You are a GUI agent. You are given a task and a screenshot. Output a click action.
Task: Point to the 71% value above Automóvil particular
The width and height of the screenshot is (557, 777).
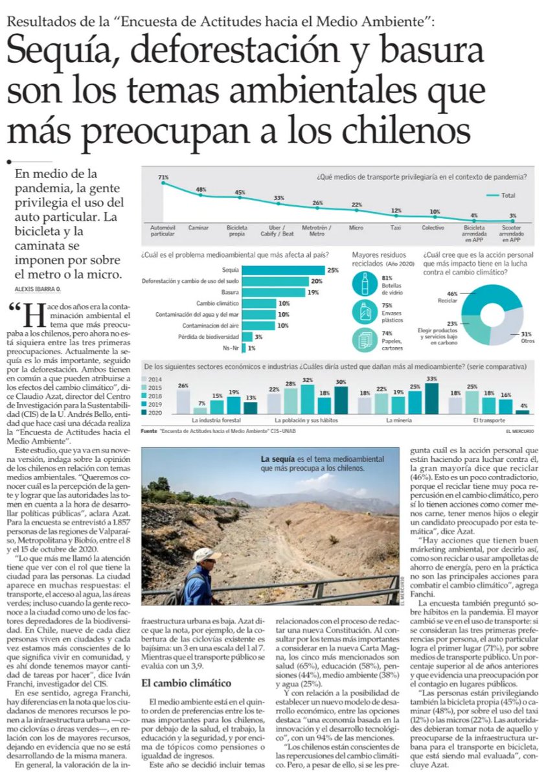(x=163, y=177)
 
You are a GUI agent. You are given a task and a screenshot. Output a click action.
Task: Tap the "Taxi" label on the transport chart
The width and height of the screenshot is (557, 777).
(x=396, y=228)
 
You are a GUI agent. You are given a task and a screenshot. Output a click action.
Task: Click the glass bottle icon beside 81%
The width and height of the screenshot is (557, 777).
(x=364, y=284)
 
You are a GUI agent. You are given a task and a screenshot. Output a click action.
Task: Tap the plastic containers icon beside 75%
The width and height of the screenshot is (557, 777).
(x=364, y=312)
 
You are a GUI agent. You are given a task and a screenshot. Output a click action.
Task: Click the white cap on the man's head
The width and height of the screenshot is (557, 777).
(x=207, y=554)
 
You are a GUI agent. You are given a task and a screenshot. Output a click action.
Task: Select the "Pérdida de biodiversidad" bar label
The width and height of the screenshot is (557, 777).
(x=205, y=337)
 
